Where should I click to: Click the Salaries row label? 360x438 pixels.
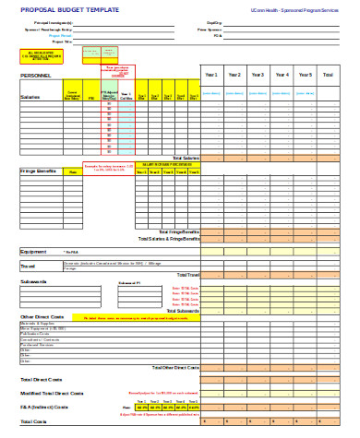30,95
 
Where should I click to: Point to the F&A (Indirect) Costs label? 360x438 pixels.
44,406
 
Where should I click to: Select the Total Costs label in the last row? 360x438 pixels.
33,421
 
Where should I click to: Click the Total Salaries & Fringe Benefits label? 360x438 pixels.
168,239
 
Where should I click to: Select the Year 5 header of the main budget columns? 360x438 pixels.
306,76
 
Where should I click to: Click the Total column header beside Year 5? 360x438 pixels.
329,76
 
